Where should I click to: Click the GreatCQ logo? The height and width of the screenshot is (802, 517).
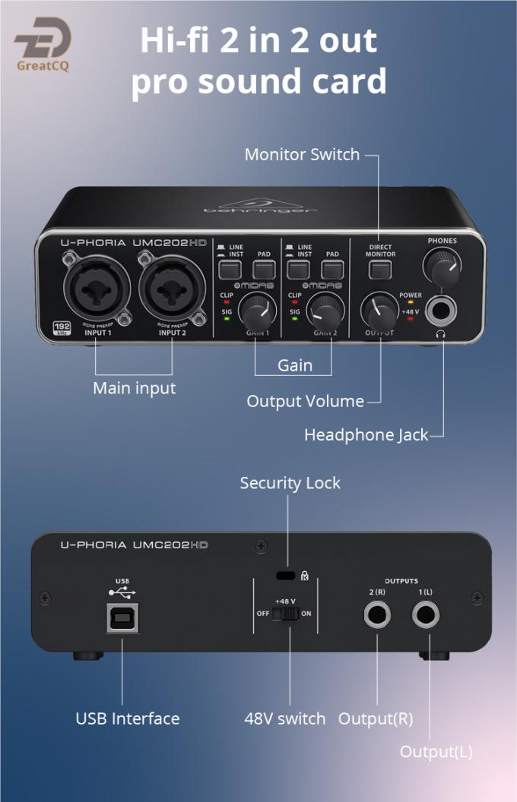point(43,44)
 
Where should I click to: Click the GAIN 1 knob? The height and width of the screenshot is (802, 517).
point(255,311)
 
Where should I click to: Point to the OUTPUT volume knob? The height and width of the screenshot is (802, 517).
point(378,310)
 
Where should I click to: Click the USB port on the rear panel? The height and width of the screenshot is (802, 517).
point(122,619)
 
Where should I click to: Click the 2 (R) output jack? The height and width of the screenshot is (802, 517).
point(378,614)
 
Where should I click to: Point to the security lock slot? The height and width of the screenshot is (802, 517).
point(287,575)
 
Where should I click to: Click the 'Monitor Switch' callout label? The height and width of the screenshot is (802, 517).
point(302,154)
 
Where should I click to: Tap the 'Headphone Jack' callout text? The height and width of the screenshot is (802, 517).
point(366,435)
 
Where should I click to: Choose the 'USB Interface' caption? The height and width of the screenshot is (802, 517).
point(128,718)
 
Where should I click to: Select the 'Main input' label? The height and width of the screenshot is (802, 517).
point(134,388)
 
